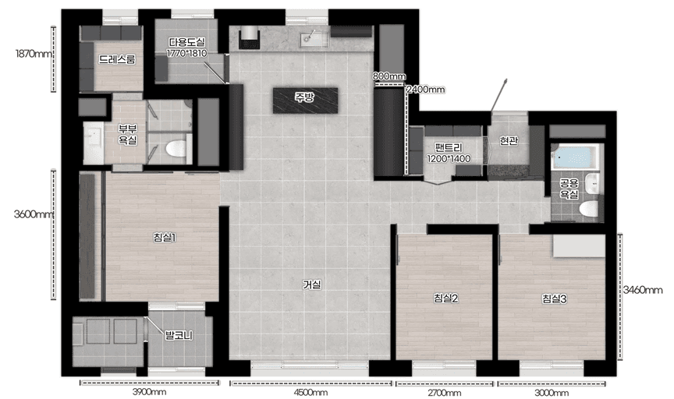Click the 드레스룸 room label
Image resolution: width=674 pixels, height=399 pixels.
(x=117, y=59)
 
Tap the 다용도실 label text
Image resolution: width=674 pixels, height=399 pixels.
(x=187, y=42)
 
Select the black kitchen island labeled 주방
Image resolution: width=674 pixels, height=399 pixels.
(x=305, y=101)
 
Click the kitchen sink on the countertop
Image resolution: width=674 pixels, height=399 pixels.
(x=314, y=39)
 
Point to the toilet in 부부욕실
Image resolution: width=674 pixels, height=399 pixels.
(x=176, y=149)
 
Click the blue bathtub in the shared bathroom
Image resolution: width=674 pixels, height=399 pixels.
(x=575, y=157)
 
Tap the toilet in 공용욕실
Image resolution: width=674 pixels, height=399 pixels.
(x=588, y=209)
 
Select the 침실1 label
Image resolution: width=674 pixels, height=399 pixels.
(x=164, y=237)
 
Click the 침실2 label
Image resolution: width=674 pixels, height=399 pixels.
(x=445, y=298)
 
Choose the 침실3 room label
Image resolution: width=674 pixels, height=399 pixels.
(x=554, y=298)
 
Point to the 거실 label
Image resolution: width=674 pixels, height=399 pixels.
(x=311, y=284)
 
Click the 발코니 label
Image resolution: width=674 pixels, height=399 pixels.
(x=179, y=335)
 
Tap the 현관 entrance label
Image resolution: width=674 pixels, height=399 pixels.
(x=509, y=140)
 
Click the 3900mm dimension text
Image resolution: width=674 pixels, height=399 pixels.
(x=149, y=392)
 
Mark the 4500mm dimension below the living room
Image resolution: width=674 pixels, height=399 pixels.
(x=310, y=393)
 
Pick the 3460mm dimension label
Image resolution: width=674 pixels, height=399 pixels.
(x=643, y=290)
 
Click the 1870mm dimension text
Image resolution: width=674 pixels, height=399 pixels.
(x=34, y=54)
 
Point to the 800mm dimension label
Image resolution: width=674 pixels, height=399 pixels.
(x=389, y=76)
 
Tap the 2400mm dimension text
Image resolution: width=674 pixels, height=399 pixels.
(x=426, y=90)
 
